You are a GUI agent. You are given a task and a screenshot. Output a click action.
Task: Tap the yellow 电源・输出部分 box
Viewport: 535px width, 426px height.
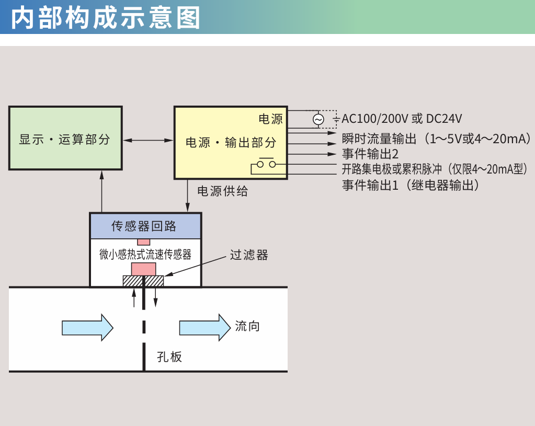[x=231, y=142]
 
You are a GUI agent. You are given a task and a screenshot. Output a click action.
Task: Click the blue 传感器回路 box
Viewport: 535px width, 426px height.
[x=145, y=226]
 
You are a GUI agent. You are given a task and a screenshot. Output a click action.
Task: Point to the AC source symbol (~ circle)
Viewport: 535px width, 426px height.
[x=318, y=120]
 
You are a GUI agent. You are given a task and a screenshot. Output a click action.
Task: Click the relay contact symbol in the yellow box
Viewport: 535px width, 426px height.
[x=266, y=165]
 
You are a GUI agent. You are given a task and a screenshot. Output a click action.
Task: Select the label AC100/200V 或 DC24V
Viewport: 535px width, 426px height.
[x=402, y=119]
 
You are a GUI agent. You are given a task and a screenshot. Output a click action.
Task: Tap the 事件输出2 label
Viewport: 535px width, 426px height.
[x=370, y=154]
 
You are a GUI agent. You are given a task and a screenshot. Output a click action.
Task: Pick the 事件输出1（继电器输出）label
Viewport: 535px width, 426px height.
[x=411, y=185]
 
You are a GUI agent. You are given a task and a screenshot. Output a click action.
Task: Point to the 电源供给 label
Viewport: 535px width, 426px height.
[x=222, y=191]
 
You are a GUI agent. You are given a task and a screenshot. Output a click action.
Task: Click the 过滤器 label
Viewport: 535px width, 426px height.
[x=249, y=255]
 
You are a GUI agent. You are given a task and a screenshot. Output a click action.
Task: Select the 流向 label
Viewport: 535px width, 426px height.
[x=247, y=327]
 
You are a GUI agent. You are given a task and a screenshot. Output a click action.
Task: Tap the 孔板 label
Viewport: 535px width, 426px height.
[x=169, y=357]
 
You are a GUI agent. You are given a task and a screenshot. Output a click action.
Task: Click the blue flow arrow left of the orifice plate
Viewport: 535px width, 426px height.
[x=87, y=327]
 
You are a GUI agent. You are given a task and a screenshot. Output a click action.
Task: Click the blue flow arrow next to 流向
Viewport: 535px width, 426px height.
[x=204, y=327]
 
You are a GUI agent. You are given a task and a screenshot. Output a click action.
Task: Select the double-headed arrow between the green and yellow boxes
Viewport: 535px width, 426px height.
[x=149, y=140]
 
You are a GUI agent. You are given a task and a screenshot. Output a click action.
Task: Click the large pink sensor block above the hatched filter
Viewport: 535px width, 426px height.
[x=143, y=269]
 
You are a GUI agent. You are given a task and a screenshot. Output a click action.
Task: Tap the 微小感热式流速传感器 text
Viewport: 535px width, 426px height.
[x=145, y=255]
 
